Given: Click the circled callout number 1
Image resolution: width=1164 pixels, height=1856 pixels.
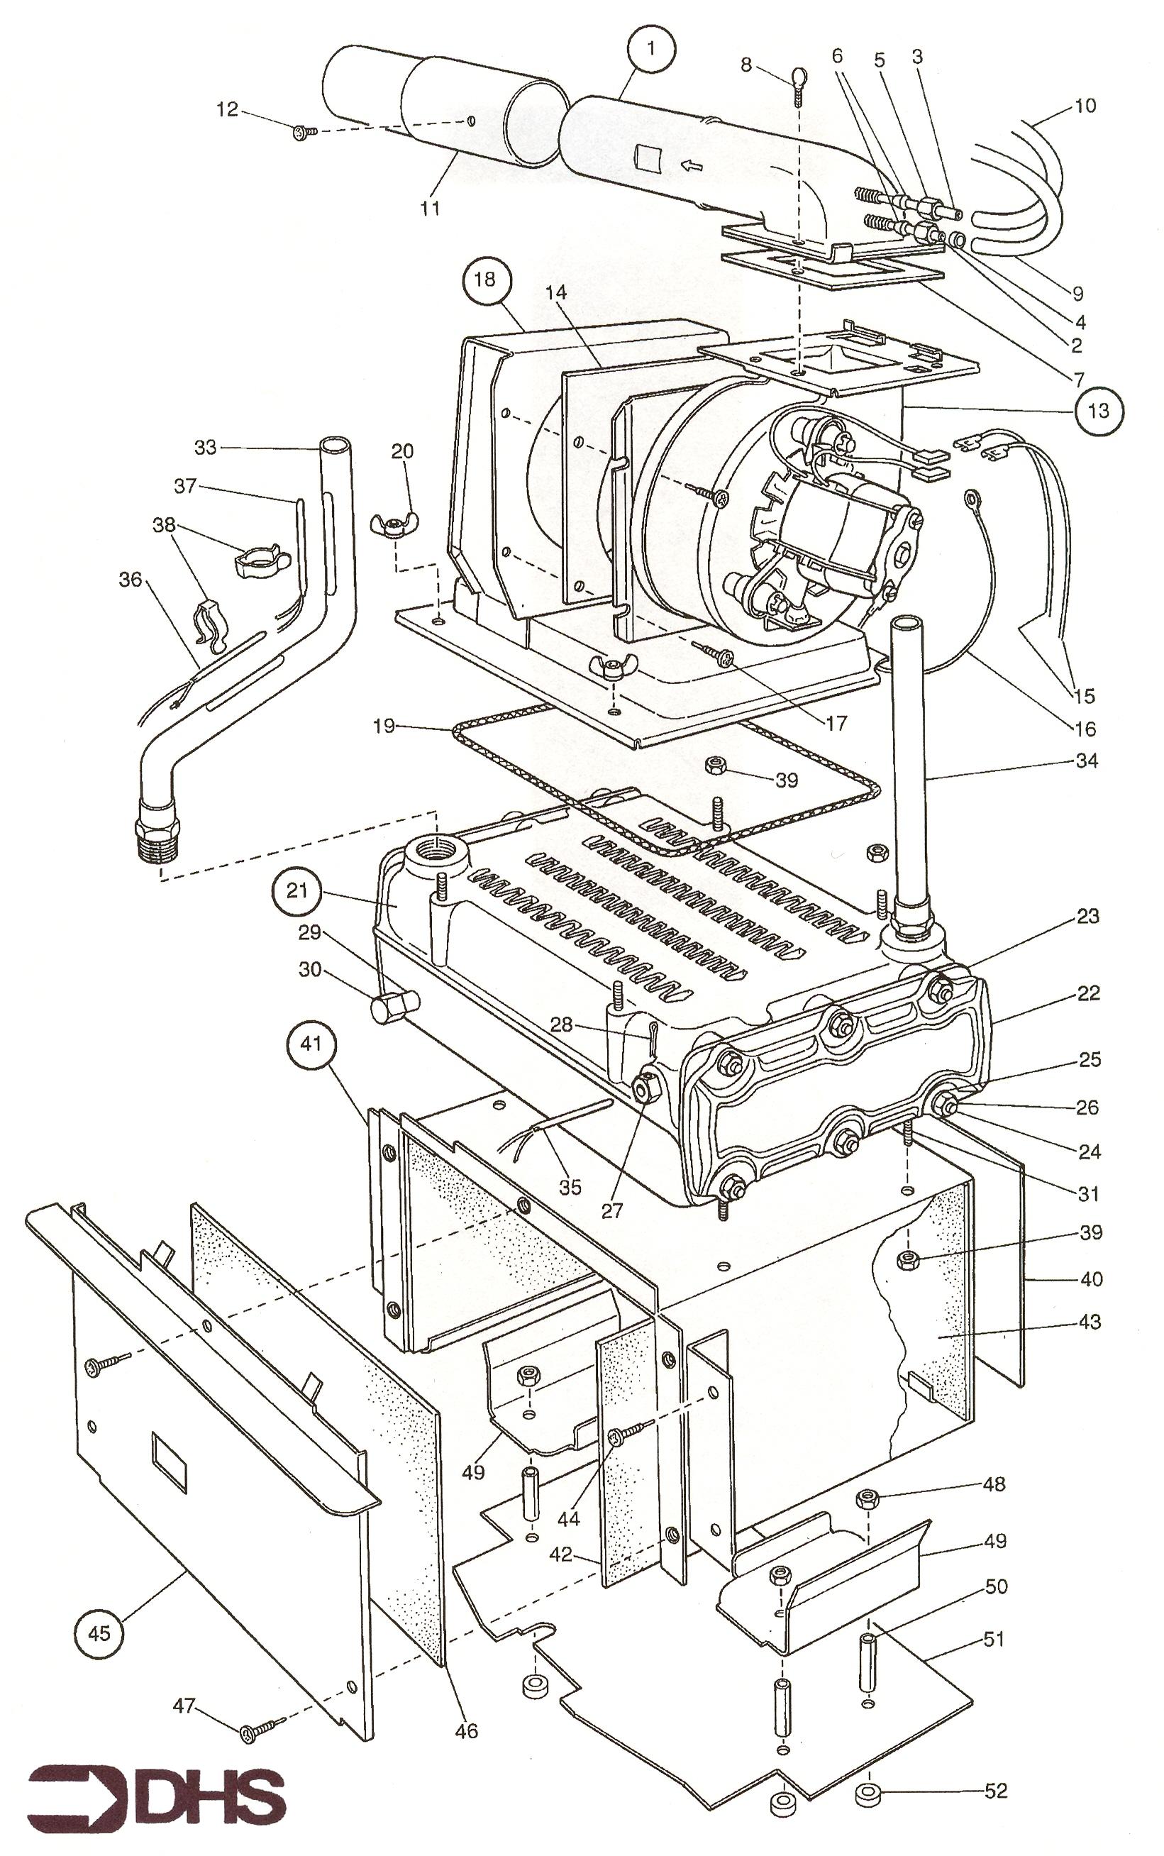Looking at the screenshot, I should coord(651,49).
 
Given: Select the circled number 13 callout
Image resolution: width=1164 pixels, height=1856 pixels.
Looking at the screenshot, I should coord(1098,410).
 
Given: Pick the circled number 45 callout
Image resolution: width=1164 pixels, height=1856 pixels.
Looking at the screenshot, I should coord(99,1632).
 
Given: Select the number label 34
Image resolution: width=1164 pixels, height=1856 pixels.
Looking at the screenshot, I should coord(1085,761).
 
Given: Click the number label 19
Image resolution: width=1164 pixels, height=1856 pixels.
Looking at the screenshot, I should coord(384,725).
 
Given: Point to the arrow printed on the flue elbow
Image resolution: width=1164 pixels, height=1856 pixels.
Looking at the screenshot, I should coord(691,163).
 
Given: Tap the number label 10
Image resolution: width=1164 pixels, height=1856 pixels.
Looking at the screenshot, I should coord(1084,106).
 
